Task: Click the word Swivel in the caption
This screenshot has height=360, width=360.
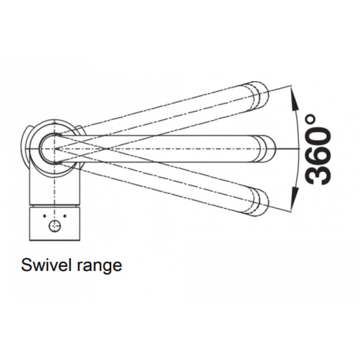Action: (x=43, y=265)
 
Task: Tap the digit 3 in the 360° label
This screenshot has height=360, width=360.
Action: (x=319, y=174)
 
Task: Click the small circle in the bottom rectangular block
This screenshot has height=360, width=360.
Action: (x=55, y=226)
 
